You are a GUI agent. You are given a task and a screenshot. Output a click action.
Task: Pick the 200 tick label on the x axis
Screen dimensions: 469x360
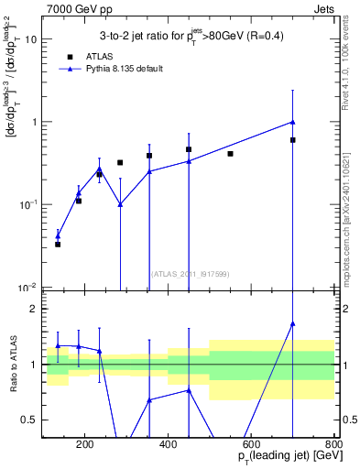pos(85,446)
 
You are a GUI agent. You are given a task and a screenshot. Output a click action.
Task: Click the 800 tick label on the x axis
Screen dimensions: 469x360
pos(333,446)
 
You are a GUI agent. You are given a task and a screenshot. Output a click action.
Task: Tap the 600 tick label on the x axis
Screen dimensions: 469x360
pos(251,446)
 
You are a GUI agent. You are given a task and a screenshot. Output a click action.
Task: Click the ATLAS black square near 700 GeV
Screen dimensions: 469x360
pos(293,140)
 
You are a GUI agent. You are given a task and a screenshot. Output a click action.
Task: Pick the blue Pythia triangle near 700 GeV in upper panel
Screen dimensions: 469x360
pos(293,122)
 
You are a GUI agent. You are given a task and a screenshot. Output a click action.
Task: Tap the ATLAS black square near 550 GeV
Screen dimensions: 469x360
pos(230,154)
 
